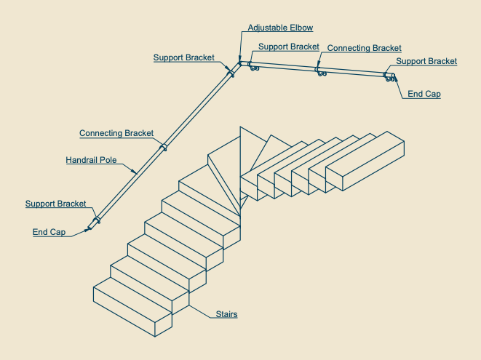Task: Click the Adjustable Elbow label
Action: point(280,28)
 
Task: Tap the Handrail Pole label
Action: point(91,160)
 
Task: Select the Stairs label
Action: point(226,314)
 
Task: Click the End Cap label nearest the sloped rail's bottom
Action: point(49,232)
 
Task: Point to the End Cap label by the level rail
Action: point(424,94)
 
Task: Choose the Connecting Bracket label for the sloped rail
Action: point(116,133)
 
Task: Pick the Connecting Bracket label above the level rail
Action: point(364,48)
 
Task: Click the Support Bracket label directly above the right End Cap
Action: point(426,61)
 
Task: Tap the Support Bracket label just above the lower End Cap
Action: point(55,204)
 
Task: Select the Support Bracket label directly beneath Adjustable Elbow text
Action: point(289,47)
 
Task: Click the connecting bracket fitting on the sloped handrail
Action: point(164,147)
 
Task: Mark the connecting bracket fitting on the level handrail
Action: point(319,71)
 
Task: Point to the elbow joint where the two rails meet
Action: point(241,63)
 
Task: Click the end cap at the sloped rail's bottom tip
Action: point(90,228)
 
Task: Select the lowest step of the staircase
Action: point(132,307)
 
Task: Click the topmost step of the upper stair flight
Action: point(365,161)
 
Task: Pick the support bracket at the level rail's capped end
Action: point(389,77)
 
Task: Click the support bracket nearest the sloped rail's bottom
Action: point(97,220)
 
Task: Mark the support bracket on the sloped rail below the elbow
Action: point(231,73)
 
